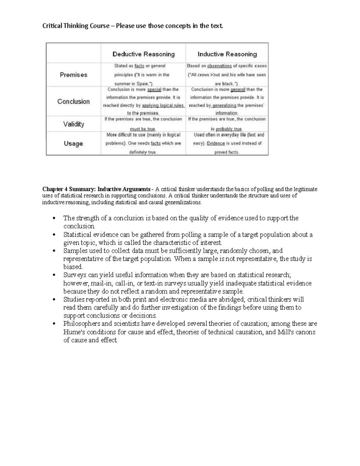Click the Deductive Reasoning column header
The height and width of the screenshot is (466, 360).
coord(143,54)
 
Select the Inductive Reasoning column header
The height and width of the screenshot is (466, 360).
coord(227,54)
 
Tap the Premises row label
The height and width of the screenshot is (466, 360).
coord(73,75)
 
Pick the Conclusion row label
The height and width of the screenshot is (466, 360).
coord(73,101)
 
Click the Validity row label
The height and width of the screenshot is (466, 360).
coord(73,124)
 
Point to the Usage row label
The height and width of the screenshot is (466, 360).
coord(73,143)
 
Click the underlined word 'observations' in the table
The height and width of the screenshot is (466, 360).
coord(219,66)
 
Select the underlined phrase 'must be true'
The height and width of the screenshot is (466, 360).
coord(142,129)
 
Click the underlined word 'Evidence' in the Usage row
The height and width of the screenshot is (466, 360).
coord(216,143)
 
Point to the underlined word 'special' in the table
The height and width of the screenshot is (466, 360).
coord(154,89)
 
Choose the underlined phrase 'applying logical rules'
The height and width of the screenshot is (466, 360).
coord(163,105)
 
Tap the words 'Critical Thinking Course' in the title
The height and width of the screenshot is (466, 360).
coord(76,26)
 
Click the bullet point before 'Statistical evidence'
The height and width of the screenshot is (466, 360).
coord(54,235)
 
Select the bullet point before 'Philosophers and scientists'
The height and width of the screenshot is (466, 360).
coord(54,324)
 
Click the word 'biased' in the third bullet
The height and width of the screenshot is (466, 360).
coord(73,267)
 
